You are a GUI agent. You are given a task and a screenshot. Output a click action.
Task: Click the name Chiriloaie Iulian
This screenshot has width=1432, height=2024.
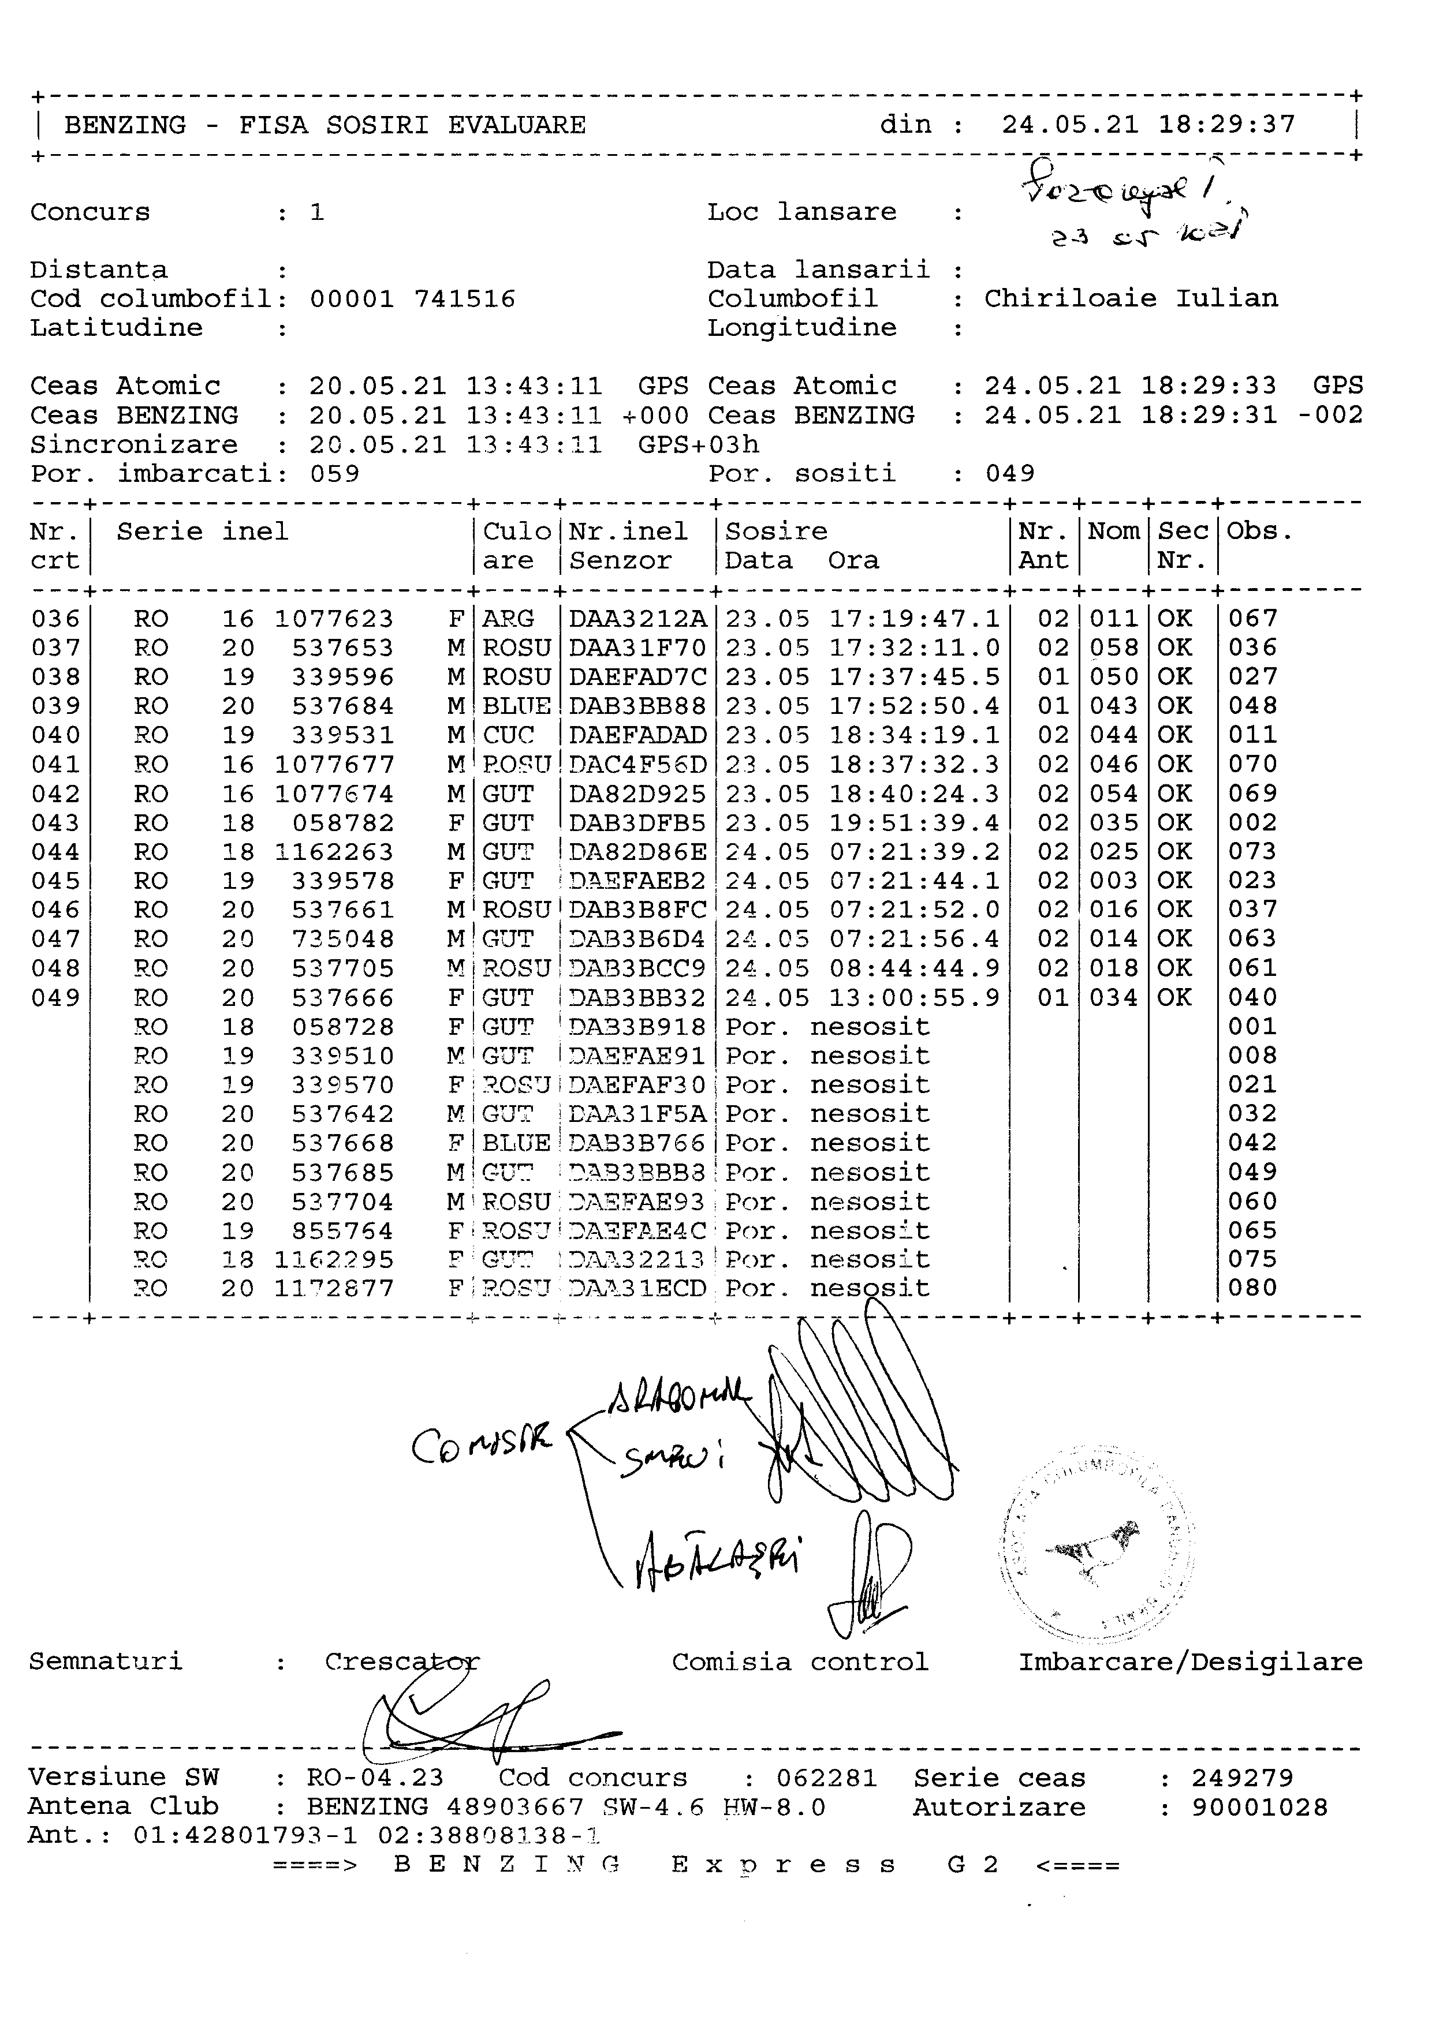coord(1131,299)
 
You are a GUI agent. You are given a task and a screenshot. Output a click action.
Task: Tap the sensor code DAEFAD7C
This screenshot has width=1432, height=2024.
coord(637,677)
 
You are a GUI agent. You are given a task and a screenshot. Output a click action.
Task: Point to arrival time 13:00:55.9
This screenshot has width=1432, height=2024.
coord(915,998)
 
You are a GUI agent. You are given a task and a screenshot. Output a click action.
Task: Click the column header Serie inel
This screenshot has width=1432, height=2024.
coord(202,532)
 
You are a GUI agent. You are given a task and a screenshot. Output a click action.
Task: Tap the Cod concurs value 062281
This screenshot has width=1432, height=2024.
coord(826,1778)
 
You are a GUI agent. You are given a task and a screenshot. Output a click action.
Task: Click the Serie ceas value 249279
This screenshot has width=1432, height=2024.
coord(1243,1778)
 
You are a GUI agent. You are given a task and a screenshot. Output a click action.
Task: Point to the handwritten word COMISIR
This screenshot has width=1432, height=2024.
coord(482,1443)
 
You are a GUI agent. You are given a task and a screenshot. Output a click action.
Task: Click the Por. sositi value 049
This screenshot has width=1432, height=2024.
coord(1010,474)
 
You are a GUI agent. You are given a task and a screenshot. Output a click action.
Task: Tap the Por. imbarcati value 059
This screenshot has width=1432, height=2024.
coord(334,474)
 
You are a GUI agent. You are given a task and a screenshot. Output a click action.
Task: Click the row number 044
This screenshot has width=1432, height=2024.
coord(55,852)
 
